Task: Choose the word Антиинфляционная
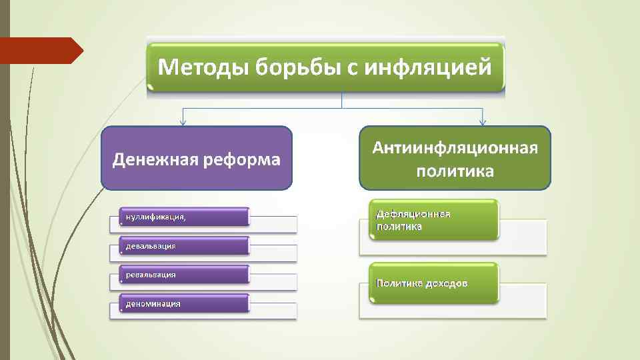click(455, 147)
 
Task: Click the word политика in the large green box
click(455, 171)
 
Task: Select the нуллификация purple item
click(183, 217)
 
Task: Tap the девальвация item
click(183, 246)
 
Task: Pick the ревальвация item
click(183, 275)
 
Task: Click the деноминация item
click(183, 303)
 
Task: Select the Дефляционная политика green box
click(434, 220)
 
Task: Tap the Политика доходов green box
click(434, 283)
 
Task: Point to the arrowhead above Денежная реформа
click(183, 123)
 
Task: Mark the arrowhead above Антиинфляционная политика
click(483, 123)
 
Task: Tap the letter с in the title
click(353, 68)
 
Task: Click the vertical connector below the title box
click(341, 99)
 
